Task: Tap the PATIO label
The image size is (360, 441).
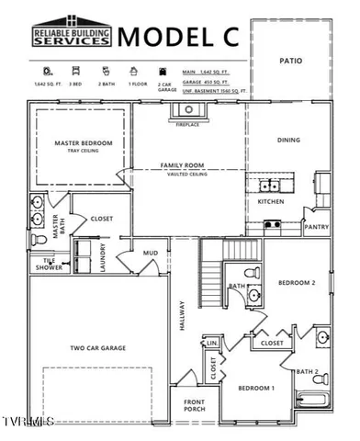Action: pyautogui.click(x=290, y=61)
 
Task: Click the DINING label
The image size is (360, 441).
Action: pyautogui.click(x=290, y=141)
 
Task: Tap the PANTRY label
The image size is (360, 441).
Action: pyautogui.click(x=317, y=226)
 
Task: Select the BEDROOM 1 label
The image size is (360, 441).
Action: pyautogui.click(x=257, y=389)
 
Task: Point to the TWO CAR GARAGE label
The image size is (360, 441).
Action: pyautogui.click(x=98, y=348)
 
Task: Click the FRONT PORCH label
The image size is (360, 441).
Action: pyautogui.click(x=194, y=405)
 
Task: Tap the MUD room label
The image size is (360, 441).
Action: pyautogui.click(x=150, y=252)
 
